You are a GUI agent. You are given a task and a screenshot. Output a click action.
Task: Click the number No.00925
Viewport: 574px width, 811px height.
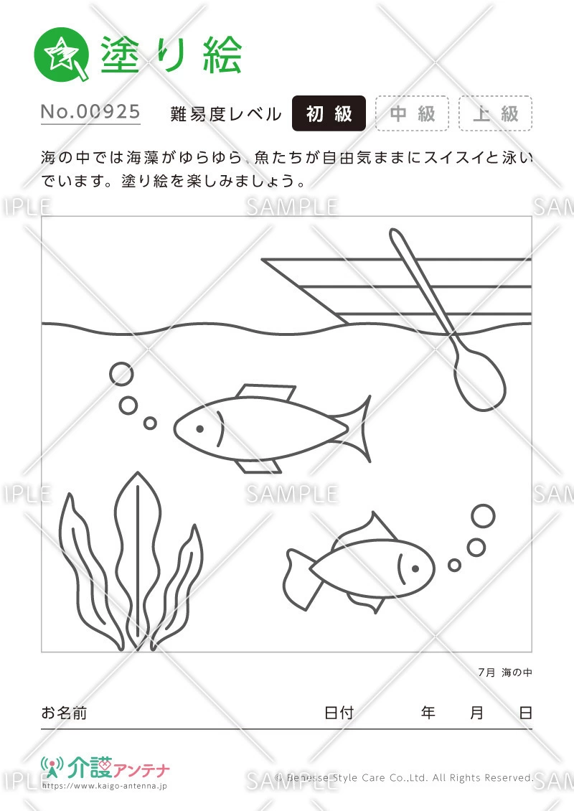90,112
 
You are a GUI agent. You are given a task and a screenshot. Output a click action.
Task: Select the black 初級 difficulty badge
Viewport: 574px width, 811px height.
329,113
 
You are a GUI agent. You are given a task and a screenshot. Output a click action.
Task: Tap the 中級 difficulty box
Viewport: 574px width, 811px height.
412,113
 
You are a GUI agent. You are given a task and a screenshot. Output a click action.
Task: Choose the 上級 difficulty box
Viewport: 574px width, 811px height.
495,113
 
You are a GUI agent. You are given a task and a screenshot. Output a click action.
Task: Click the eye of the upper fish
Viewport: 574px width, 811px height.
200,429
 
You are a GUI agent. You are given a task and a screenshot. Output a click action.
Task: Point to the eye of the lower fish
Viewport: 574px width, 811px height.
414,568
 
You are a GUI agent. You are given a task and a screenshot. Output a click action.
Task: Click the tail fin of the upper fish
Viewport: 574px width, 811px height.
359,429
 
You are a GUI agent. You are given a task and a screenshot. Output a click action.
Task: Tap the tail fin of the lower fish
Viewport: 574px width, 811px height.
297,574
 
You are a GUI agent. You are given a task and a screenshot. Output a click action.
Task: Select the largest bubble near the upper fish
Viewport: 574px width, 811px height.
121,374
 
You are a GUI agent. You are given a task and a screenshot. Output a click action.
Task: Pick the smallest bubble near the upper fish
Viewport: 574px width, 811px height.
150,423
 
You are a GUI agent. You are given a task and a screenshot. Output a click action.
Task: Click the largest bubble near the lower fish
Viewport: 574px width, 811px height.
483,516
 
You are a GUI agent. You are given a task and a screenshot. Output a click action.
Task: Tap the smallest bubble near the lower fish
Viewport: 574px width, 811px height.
454,565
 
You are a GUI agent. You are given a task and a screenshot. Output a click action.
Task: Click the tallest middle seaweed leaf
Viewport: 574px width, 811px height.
135,553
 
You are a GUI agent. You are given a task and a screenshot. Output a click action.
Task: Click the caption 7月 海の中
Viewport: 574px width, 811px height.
505,672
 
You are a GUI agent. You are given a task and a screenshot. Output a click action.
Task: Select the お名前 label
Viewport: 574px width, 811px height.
64,713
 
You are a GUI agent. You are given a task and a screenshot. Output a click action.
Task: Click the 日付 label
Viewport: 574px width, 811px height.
339,713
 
